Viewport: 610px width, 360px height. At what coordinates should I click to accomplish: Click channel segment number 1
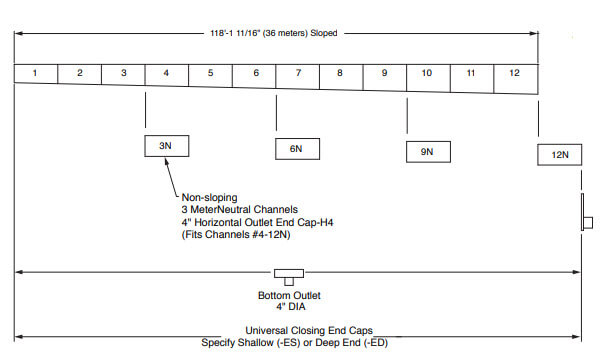coord(35,73)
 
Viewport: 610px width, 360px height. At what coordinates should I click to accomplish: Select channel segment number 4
coord(166,73)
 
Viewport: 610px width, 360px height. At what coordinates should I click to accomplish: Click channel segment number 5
coord(210,73)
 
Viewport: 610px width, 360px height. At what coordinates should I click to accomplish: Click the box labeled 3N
coord(166,146)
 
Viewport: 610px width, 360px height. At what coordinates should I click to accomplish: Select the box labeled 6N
coord(296,148)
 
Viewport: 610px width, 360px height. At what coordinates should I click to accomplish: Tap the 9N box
coord(427,151)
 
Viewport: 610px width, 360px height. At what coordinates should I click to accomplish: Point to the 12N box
coord(559,154)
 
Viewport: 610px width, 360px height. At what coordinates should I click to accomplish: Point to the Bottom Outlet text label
coord(291,295)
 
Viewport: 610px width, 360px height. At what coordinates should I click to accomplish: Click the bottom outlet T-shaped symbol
coord(290,275)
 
